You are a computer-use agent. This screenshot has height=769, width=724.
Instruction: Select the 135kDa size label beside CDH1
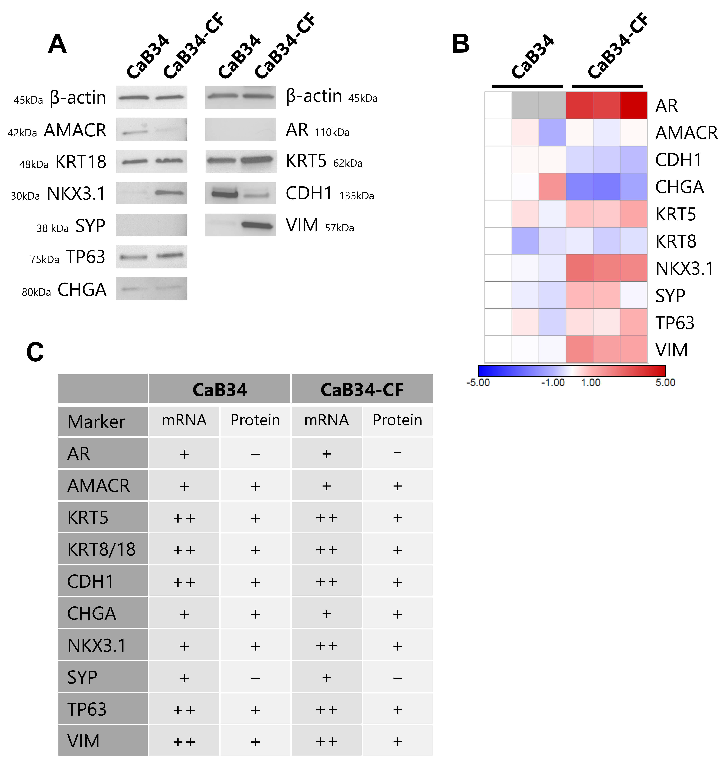click(357, 196)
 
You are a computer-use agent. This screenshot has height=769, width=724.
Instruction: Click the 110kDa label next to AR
click(332, 133)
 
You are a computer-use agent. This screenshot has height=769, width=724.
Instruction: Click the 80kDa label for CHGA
click(36, 292)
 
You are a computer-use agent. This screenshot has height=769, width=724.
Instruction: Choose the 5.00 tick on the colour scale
click(665, 383)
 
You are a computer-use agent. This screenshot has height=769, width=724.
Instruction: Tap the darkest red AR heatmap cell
click(633, 105)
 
